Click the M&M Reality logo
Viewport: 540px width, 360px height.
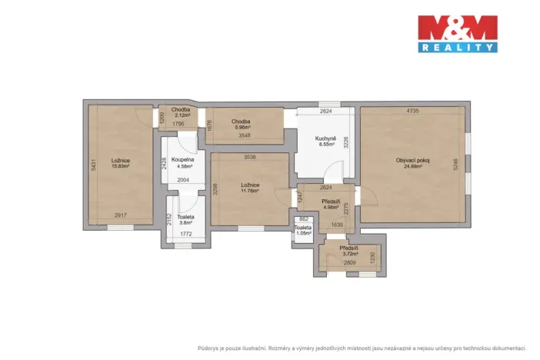click(x=457, y=34)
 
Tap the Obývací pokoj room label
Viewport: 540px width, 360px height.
click(x=413, y=163)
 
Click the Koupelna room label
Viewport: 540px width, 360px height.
click(x=183, y=162)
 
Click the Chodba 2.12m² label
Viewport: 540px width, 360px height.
click(x=182, y=113)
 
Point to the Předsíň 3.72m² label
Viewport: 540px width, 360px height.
click(x=351, y=251)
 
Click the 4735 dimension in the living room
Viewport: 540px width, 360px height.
click(x=412, y=112)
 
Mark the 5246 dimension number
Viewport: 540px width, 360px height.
click(x=455, y=165)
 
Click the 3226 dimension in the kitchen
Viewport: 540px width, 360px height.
click(x=346, y=142)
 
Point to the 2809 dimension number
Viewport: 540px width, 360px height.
click(x=349, y=262)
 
